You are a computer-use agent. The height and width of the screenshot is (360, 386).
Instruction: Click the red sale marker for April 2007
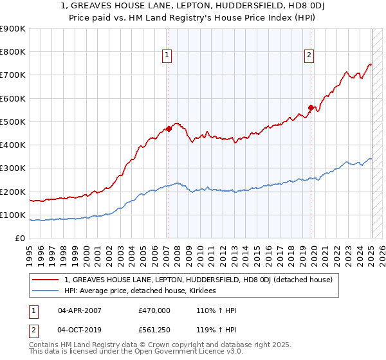point(169,129)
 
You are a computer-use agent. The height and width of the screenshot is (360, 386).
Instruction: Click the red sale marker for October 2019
point(311,107)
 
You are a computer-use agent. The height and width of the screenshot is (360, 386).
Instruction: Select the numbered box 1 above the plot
point(167,56)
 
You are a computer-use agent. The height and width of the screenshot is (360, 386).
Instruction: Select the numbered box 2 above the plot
point(309,56)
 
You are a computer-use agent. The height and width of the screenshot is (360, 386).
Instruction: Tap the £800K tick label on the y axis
point(13,52)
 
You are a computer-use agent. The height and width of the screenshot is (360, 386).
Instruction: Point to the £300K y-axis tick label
point(13,168)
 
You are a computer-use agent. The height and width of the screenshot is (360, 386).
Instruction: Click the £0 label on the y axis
point(19,239)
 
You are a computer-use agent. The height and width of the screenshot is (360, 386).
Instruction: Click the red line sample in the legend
point(46,280)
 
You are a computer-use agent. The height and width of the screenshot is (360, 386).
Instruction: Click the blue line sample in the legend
point(46,291)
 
